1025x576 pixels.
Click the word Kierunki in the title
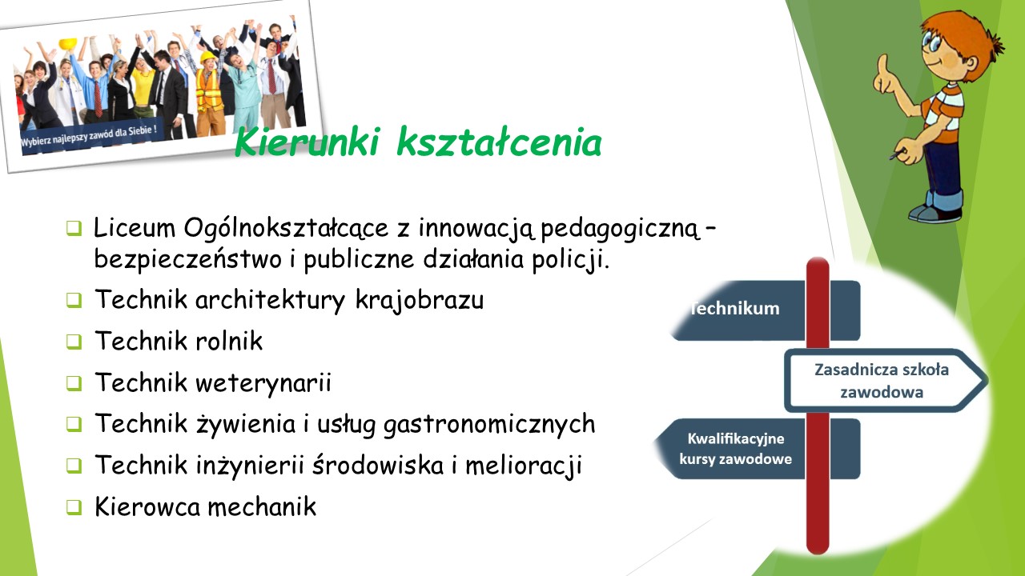[307, 142]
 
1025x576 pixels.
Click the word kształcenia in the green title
[499, 142]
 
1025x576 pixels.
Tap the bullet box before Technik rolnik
[74, 342]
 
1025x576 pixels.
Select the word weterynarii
[263, 383]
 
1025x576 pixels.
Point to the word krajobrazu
[419, 301]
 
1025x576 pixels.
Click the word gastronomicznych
[489, 425]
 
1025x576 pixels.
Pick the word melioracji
[524, 466]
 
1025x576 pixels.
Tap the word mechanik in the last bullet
[262, 506]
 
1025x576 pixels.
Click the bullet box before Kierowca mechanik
[74, 507]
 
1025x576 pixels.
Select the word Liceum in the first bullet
[134, 227]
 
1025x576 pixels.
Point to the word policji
[571, 260]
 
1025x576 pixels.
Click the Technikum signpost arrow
[765, 310]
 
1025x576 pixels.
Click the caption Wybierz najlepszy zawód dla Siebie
[89, 135]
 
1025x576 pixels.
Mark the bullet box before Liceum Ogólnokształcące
[74, 228]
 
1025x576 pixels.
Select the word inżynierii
[250, 466]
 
